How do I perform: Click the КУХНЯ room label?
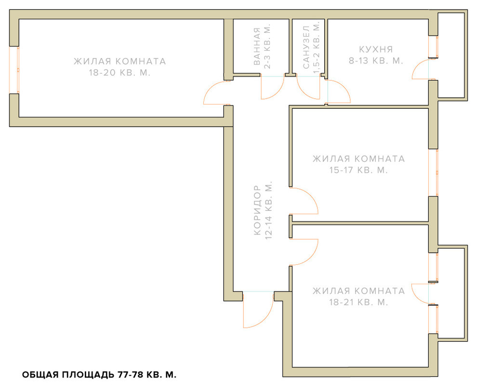(x=376, y=49)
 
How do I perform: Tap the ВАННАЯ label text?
(x=257, y=46)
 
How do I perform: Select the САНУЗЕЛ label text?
(x=306, y=47)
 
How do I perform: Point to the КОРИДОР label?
(x=257, y=210)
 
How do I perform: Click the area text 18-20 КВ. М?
(x=119, y=73)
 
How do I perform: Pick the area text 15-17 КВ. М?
(x=358, y=170)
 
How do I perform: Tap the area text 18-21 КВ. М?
(x=358, y=302)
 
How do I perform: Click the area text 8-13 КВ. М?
(x=376, y=61)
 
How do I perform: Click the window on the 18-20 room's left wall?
(x=14, y=70)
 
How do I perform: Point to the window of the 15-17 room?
(x=433, y=173)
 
